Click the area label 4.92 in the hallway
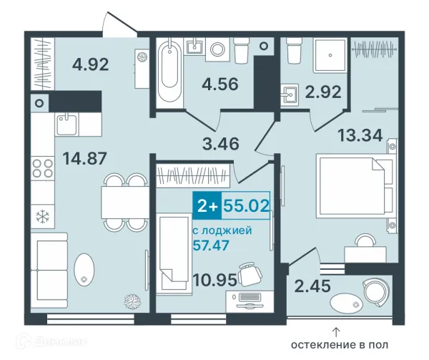[91, 64]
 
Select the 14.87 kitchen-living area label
[84, 158]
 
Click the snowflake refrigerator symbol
[43, 217]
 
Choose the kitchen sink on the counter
[66, 125]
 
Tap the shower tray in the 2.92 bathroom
[330, 56]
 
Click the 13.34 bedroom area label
[360, 135]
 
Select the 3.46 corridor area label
[221, 143]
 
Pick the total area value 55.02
[246, 205]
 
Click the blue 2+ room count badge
[207, 205]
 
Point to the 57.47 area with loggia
[211, 245]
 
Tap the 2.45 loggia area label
[312, 286]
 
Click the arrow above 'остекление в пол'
[336, 332]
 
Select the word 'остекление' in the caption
[319, 345]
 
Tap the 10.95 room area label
[214, 280]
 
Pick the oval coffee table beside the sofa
[84, 268]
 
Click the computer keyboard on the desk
[250, 297]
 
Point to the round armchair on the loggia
[375, 294]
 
